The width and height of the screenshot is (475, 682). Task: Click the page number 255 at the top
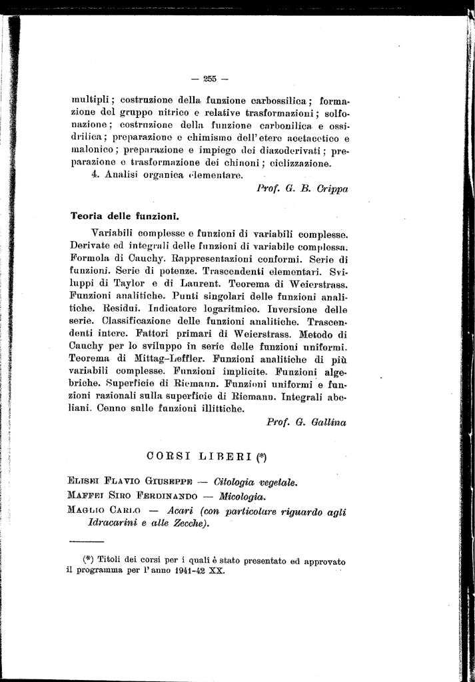(x=210, y=79)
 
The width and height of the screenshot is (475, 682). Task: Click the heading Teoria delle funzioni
(x=125, y=216)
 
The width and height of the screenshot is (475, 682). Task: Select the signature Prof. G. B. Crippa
(x=302, y=188)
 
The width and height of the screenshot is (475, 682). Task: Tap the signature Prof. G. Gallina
(x=307, y=422)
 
